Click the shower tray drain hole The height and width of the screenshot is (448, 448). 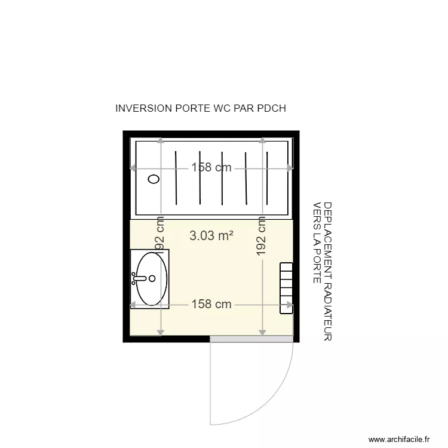(154, 178)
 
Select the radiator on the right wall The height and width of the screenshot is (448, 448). (287, 289)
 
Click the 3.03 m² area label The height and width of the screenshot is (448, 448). (211, 236)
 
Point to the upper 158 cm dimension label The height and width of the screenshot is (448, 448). (211, 168)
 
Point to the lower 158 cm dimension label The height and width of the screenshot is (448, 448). (211, 304)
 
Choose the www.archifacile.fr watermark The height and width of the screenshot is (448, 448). (399, 438)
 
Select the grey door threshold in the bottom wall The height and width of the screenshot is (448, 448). (251, 339)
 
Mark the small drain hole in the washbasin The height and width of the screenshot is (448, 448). (152, 278)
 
